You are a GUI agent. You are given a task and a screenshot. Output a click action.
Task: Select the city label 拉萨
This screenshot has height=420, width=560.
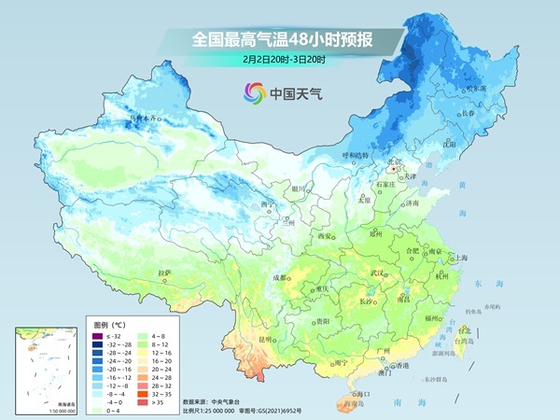(x=164, y=273)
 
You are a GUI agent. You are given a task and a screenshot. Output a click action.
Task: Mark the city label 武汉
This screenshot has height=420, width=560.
(x=377, y=273)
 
